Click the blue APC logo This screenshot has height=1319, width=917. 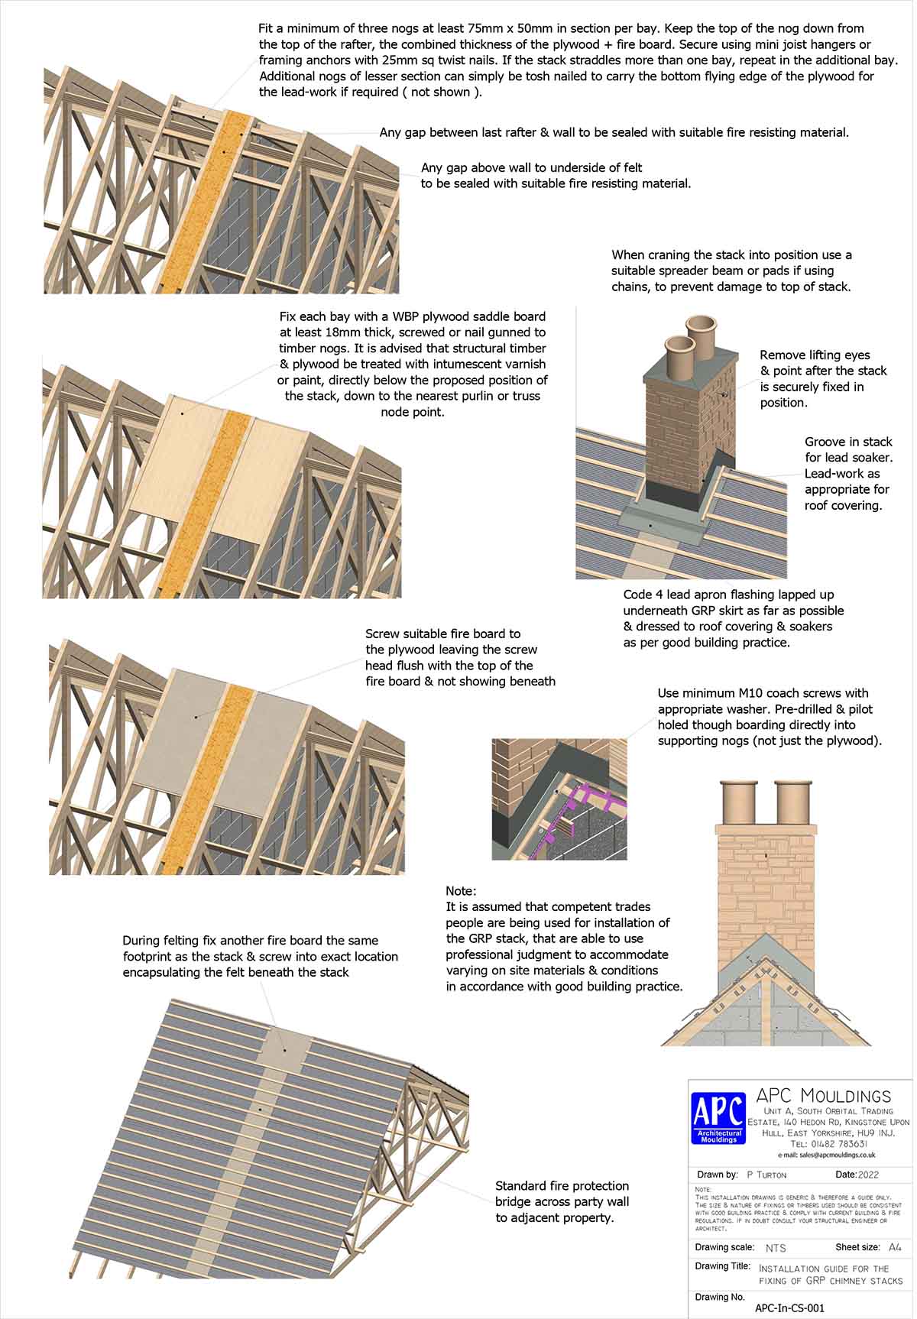(718, 1117)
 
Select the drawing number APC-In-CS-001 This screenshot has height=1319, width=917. (789, 1308)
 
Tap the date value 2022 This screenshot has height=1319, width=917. (869, 1175)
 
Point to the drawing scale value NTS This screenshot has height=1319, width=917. (776, 1248)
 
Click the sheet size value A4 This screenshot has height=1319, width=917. (895, 1247)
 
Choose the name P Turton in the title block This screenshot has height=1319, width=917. (766, 1175)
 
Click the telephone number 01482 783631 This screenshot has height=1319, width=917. (828, 1144)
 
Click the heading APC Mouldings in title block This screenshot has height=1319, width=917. (822, 1097)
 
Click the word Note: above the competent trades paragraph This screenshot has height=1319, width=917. (461, 891)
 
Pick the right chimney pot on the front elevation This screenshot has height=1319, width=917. (792, 802)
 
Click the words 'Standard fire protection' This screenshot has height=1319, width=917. (562, 1186)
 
